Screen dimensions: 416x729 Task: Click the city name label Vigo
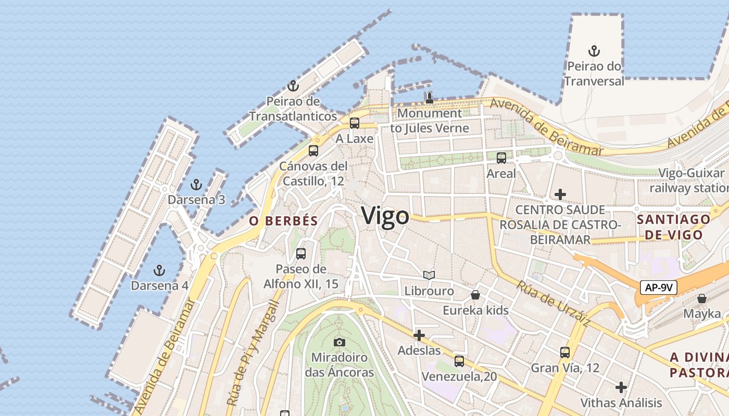tap(385, 215)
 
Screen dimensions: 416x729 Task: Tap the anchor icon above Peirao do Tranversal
tap(594, 51)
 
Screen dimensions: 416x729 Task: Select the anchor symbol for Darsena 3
tap(196, 184)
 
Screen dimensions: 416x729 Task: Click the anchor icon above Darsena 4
tap(159, 270)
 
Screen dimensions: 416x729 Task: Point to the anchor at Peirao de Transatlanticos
tap(293, 86)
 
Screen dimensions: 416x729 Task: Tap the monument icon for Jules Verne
tap(429, 98)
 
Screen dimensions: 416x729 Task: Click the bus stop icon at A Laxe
tap(355, 123)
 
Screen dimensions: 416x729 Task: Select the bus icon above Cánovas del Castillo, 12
tap(313, 151)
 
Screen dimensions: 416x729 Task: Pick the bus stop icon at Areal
tap(501, 158)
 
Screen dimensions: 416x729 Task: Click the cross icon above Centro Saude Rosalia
tap(560, 194)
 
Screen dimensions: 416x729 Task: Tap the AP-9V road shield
tap(658, 288)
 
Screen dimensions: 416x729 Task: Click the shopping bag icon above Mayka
tap(702, 298)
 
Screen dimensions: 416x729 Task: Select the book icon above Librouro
tap(429, 276)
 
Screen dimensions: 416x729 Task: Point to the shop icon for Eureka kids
tap(475, 295)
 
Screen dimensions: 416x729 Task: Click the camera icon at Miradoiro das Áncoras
tap(340, 342)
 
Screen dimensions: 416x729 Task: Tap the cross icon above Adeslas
tap(419, 335)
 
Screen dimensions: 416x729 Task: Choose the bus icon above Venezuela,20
tap(459, 361)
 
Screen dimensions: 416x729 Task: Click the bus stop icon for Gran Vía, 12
tap(565, 353)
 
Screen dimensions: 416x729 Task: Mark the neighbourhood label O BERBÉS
tap(283, 220)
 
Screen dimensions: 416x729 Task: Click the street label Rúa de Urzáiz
tap(553, 304)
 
